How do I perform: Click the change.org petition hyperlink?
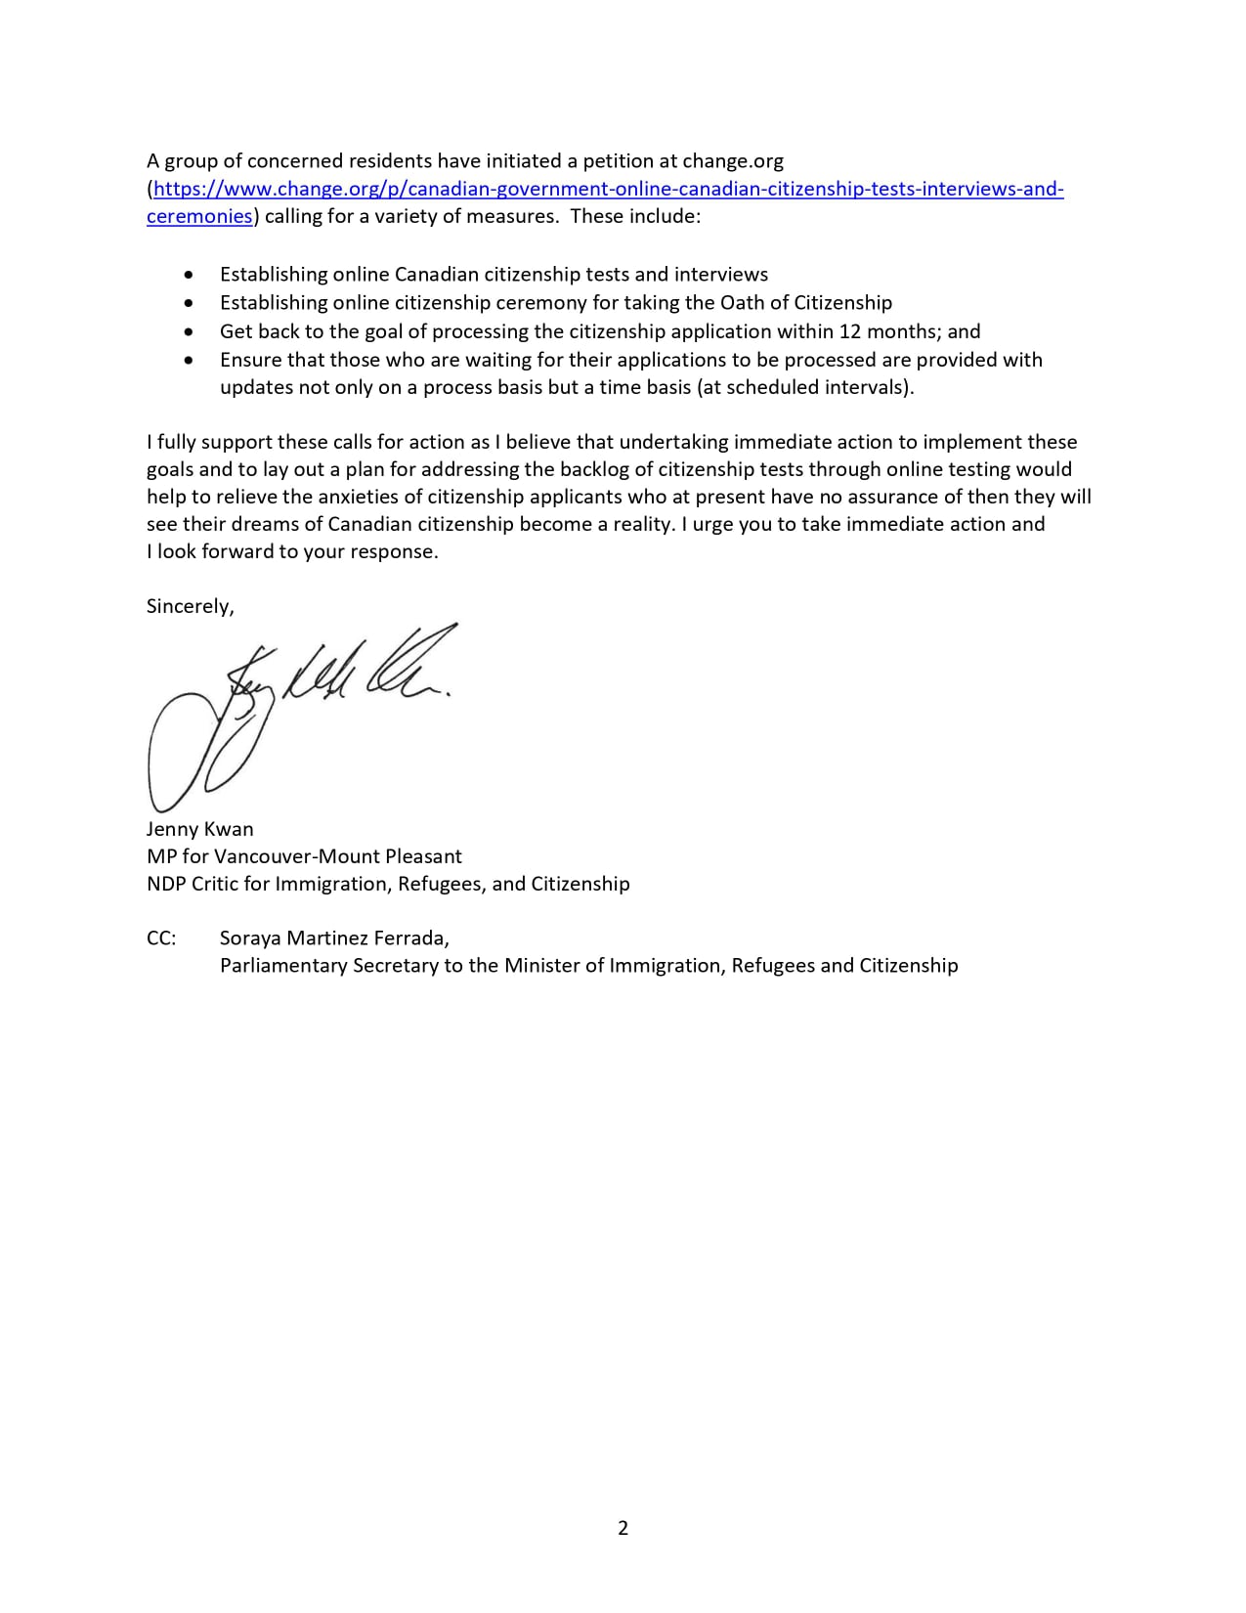coord(606,189)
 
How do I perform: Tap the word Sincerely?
coord(190,606)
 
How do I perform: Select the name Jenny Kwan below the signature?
coord(199,829)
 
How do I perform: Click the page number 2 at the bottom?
coord(623,1527)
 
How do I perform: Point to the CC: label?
coord(161,938)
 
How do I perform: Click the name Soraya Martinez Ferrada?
coord(334,938)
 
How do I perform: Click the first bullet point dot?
coord(189,275)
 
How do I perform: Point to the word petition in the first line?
coord(617,160)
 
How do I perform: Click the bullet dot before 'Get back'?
coord(189,331)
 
